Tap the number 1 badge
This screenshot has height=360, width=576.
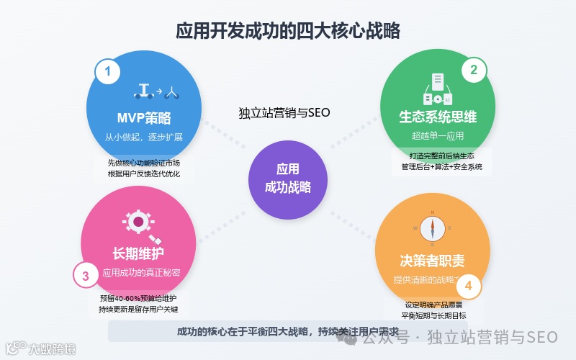[x=108, y=71]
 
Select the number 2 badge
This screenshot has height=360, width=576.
[x=473, y=70]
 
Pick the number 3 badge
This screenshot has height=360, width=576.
[x=86, y=275]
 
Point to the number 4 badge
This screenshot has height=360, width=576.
[x=469, y=287]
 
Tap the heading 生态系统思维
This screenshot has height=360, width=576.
[x=438, y=117]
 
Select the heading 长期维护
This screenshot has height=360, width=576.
[x=138, y=253]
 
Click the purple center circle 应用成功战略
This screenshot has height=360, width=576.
[x=288, y=179]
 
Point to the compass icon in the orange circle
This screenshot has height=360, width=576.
[x=433, y=228]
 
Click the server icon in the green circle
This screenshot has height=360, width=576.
[x=437, y=89]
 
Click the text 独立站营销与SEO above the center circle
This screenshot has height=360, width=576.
[x=284, y=112]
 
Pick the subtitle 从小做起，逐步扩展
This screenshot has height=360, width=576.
[x=144, y=137]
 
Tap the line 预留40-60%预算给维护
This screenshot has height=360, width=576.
[x=138, y=297]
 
